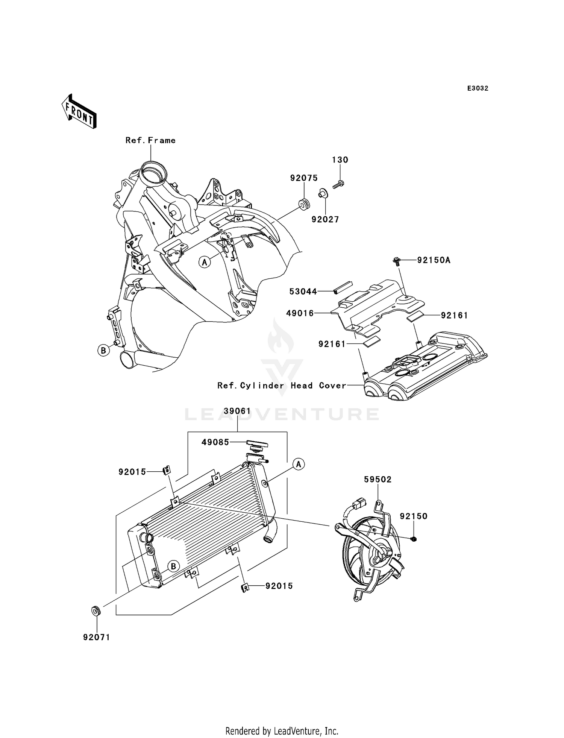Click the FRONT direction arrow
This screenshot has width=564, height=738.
click(x=79, y=111)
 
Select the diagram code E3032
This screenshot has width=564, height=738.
click(x=478, y=88)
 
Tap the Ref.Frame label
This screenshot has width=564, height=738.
click(x=150, y=140)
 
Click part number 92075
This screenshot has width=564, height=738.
click(x=304, y=178)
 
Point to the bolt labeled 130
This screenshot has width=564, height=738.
click(x=339, y=184)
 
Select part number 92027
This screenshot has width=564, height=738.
click(x=325, y=219)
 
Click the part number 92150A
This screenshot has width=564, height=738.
click(x=434, y=260)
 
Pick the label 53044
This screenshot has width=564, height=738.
click(x=303, y=291)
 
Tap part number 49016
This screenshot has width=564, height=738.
click(x=300, y=313)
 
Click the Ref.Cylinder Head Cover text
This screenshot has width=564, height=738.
click(x=282, y=386)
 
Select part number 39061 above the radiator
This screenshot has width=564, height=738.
click(x=237, y=411)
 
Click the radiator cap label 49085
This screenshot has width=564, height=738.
click(x=215, y=442)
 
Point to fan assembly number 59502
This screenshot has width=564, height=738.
click(x=378, y=479)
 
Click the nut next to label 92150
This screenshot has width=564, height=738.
click(x=414, y=539)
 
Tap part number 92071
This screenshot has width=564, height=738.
click(x=97, y=637)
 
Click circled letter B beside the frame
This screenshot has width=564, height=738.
click(x=103, y=351)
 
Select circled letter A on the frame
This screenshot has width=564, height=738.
click(x=205, y=262)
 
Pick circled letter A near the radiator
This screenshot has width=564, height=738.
click(x=299, y=464)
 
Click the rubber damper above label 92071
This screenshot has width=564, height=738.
click(x=96, y=610)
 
